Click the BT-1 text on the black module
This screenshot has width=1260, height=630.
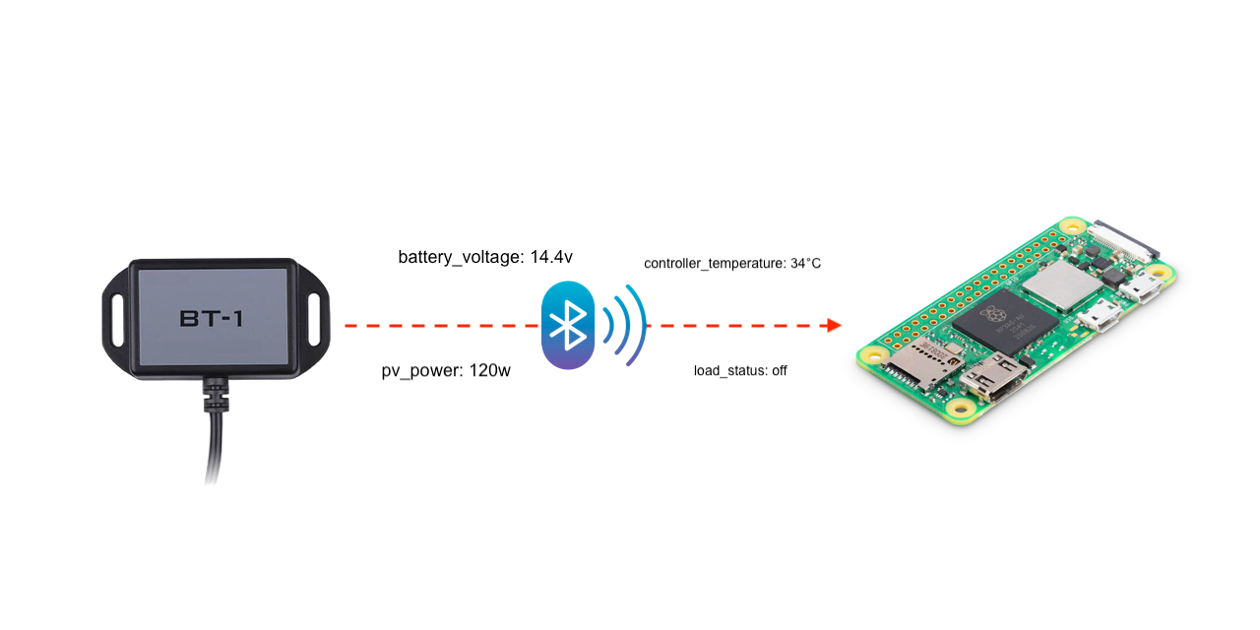pos(212,319)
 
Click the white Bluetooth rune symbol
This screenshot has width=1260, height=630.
pos(568,325)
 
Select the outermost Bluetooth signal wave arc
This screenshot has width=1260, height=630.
pos(639,325)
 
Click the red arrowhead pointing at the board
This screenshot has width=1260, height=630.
pos(835,325)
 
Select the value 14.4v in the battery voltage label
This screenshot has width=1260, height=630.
pos(551,258)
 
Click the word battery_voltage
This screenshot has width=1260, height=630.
pos(461,258)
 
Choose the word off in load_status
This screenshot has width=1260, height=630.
pos(779,371)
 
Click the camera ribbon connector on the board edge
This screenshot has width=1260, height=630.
pos(1122,237)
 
